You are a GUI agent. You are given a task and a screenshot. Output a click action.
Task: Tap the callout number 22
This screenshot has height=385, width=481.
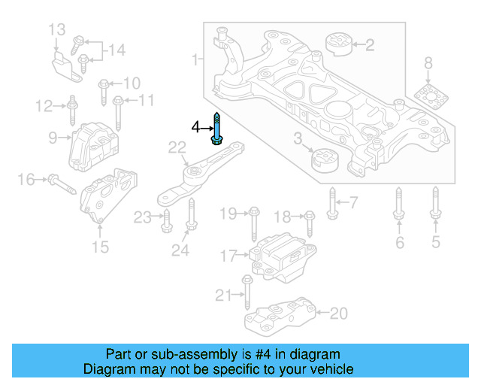(177, 148)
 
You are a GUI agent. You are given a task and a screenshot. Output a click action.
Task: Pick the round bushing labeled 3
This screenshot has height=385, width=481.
(325, 160)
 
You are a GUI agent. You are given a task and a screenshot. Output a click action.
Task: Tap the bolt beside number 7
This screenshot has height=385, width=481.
(332, 202)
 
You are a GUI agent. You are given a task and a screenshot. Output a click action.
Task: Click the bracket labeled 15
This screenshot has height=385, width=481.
(108, 196)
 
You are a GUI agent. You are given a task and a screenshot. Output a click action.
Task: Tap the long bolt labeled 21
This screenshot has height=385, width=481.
(246, 291)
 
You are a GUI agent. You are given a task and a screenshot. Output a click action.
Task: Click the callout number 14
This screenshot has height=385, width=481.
(116, 50)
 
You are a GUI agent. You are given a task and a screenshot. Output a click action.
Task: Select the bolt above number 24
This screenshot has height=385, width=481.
(191, 214)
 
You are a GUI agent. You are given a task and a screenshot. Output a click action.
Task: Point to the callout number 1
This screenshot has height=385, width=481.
(195, 59)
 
